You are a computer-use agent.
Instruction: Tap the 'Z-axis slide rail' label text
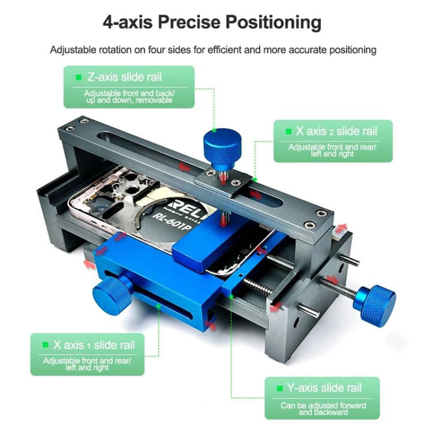coord(125,77)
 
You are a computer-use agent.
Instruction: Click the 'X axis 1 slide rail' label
coord(94,345)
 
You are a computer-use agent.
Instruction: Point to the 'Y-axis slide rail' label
coord(324,388)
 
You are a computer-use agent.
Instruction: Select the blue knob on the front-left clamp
coord(112,294)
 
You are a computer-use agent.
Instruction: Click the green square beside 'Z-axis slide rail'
coord(79,77)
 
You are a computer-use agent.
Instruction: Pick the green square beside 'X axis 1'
coord(45,345)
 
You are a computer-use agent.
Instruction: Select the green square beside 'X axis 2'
coord(288,131)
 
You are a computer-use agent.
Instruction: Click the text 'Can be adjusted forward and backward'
coord(323,408)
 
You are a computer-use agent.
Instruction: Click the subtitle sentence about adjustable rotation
coord(213,50)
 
